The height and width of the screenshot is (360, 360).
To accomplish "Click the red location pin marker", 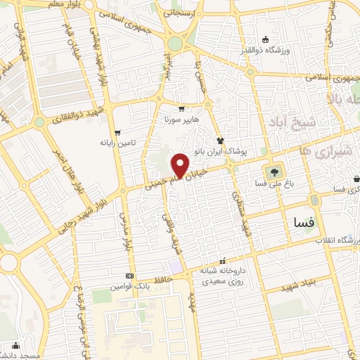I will coord(181,165).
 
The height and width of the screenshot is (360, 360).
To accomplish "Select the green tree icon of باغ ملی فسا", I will coord(273,170).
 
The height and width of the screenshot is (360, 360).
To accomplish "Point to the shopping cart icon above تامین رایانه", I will coord(117,132).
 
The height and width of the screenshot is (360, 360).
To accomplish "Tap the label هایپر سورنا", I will coord(183,120).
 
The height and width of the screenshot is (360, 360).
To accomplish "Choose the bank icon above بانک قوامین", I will coord(129,276).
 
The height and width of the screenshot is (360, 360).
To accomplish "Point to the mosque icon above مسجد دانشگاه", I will coord(15,346).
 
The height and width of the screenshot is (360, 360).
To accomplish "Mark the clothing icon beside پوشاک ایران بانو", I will coord(219,139).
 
